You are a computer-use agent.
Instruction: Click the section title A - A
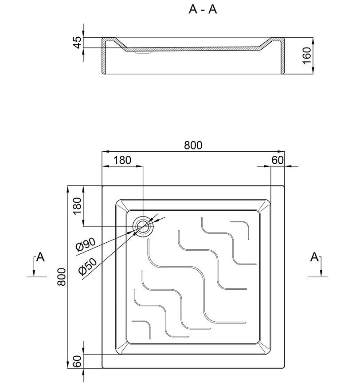point(203,9)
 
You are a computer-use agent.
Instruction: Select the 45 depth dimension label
point(77,42)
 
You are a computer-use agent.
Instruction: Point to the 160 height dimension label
point(307,56)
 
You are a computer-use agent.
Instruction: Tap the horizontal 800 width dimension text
point(193,145)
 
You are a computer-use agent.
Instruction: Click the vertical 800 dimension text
point(62,277)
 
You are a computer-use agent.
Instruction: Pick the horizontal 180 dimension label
point(122,160)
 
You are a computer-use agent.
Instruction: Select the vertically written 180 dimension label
point(77,206)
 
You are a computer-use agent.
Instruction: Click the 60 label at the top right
point(278,160)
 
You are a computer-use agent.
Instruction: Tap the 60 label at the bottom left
point(77,362)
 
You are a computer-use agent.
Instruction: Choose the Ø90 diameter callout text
point(85,245)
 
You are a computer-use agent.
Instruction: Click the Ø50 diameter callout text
point(88,267)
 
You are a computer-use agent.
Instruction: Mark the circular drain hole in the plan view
point(143,226)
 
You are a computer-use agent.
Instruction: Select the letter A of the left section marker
point(40,257)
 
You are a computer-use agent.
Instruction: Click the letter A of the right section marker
point(314,257)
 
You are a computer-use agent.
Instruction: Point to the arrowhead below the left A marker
point(34,273)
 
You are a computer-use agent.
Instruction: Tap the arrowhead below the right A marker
point(321,273)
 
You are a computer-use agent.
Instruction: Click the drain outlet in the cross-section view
point(142,52)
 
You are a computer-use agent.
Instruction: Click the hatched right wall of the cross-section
point(283,55)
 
